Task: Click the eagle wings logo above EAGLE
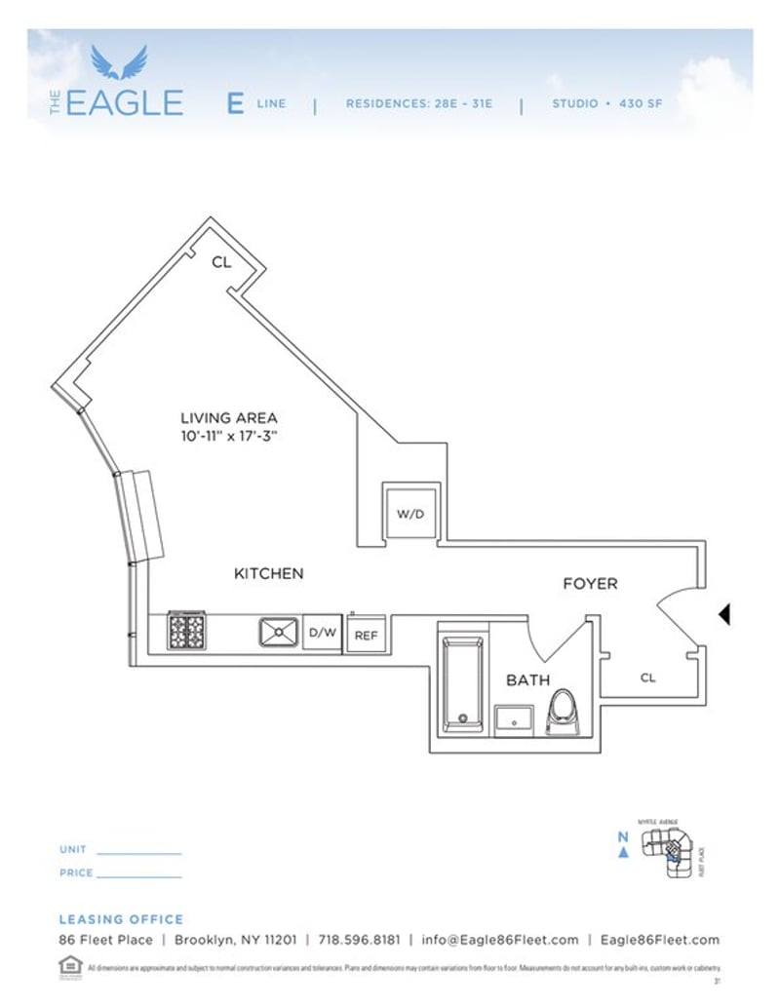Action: tap(119, 62)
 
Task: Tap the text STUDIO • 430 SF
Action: tap(606, 102)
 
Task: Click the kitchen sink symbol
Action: tap(279, 633)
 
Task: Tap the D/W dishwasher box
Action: tap(323, 633)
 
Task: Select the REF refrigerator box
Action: tap(366, 636)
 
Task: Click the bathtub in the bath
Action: tap(462, 683)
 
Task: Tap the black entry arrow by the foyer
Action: tap(724, 614)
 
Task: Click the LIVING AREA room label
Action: tap(230, 417)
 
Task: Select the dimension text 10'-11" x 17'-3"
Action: tap(230, 436)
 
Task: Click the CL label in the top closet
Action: tap(221, 261)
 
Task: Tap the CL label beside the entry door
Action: tap(647, 678)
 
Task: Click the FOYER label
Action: tap(590, 583)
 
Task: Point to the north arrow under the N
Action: tap(623, 853)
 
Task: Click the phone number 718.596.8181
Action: tap(359, 940)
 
